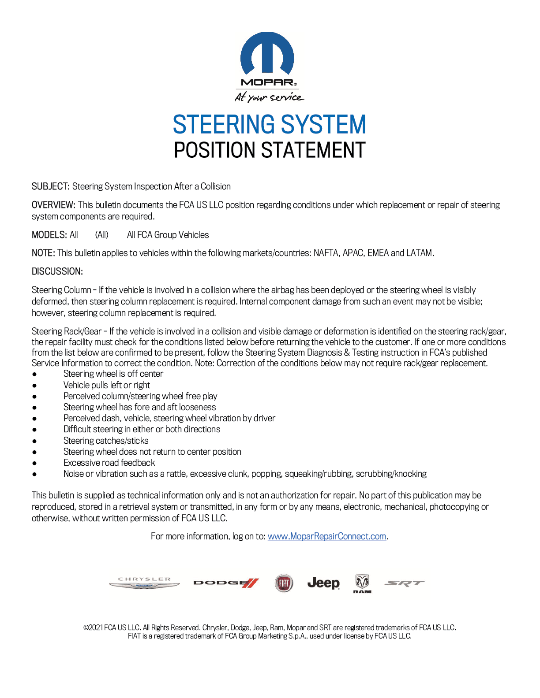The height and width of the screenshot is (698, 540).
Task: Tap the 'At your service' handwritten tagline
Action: [x=269, y=97]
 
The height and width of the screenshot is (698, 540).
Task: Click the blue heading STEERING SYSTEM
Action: [x=269, y=124]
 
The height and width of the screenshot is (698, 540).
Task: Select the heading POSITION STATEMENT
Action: [x=270, y=150]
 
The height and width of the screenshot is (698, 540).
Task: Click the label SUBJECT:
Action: [x=50, y=186]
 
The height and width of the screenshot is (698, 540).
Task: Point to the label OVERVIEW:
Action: [x=53, y=205]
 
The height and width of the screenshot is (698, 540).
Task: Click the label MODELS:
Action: [x=49, y=235]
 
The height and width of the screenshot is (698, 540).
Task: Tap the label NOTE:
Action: [x=43, y=253]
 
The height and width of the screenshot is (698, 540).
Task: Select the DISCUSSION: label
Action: [x=57, y=271]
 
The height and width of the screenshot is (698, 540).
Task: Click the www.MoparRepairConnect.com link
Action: [x=327, y=536]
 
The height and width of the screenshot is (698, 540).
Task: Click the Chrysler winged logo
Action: [x=144, y=583]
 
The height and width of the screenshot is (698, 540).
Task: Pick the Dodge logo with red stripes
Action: [x=226, y=583]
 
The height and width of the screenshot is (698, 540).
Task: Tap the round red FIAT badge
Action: [x=284, y=583]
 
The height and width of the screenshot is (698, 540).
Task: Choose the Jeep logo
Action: [x=323, y=583]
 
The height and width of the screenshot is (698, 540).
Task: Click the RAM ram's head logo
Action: [x=362, y=583]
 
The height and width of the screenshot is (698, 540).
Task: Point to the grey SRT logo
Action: [x=404, y=583]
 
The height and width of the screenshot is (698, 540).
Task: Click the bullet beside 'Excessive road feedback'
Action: [x=34, y=463]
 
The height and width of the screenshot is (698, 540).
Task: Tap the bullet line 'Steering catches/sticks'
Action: [x=106, y=441]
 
